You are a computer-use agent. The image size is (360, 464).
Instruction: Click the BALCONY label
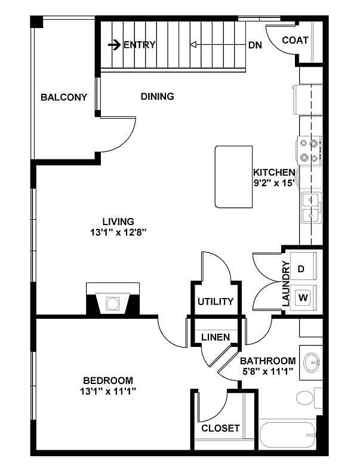tap(64, 97)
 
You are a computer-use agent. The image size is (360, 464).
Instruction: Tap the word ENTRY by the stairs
tap(139, 45)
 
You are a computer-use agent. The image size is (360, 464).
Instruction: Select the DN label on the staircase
tap(254, 45)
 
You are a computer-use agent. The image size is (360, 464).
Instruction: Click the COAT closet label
tap(295, 41)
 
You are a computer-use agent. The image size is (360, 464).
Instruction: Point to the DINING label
tap(157, 96)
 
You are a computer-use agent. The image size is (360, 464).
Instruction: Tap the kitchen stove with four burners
tap(310, 150)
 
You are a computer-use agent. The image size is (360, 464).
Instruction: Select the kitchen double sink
tap(311, 207)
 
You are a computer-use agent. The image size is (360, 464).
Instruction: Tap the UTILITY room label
tap(215, 302)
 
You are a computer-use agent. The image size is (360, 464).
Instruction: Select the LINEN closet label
tap(215, 337)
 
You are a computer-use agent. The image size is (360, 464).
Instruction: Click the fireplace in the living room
tap(113, 302)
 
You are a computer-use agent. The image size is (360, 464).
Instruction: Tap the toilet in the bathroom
tap(307, 398)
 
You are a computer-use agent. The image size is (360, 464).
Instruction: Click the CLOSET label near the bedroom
tap(220, 428)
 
